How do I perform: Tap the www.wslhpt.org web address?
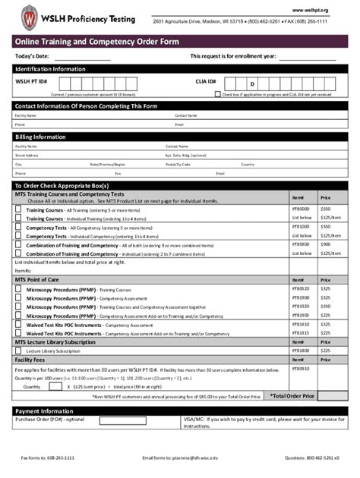pos(322,10)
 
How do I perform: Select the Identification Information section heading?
pos(50,69)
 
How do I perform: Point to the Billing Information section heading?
pos(40,137)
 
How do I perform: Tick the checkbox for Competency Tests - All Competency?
pos(18,227)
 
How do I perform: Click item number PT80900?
pos(302,245)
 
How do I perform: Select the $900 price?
pos(326,245)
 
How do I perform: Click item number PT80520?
pos(302,288)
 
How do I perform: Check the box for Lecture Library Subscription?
pos(18,351)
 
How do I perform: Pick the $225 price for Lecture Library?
pos(326,351)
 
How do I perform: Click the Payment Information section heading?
pos(46,410)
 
